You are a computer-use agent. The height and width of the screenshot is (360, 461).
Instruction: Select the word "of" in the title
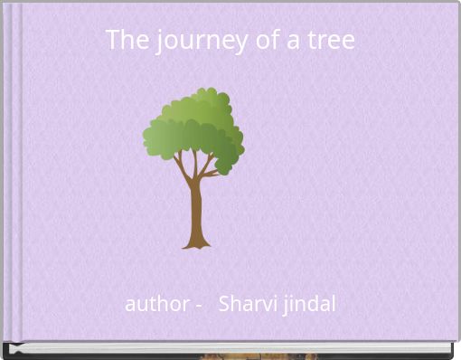pyautogui.click(x=252, y=40)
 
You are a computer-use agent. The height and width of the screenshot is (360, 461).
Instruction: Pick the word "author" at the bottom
pyautogui.click(x=155, y=304)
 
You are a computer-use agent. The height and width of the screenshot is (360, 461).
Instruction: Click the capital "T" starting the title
pyautogui.click(x=112, y=40)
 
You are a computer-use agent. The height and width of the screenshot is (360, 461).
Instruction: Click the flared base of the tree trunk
pyautogui.click(x=196, y=242)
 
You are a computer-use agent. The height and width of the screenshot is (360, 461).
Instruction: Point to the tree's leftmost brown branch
pyautogui.click(x=179, y=165)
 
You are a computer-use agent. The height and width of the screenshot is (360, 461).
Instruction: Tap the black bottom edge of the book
pyautogui.click(x=230, y=349)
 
